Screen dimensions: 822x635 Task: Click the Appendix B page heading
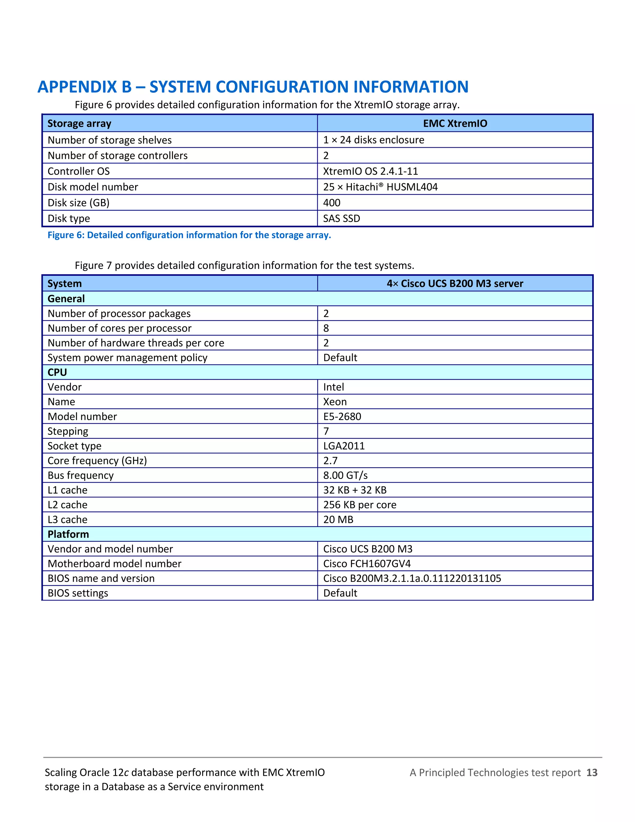[253, 87]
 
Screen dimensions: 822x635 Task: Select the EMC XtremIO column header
[455, 123]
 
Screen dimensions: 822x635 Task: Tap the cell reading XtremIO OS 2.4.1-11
[371, 171]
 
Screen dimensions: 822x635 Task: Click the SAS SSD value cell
[342, 219]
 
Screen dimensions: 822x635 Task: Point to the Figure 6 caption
[189, 235]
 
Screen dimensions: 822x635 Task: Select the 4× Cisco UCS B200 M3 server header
[455, 284]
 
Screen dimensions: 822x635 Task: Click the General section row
[66, 299]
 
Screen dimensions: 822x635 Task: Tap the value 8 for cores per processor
[326, 328]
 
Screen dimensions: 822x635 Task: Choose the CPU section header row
[57, 372]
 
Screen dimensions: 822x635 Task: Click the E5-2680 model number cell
[342, 417]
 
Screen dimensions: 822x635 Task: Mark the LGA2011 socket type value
[344, 446]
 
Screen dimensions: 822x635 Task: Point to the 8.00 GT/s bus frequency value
[345, 475]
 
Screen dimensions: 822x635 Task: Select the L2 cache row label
[67, 505]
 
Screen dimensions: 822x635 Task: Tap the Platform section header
[68, 534]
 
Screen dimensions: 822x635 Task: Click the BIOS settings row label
[78, 593]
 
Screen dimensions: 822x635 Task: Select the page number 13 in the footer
[592, 773]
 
